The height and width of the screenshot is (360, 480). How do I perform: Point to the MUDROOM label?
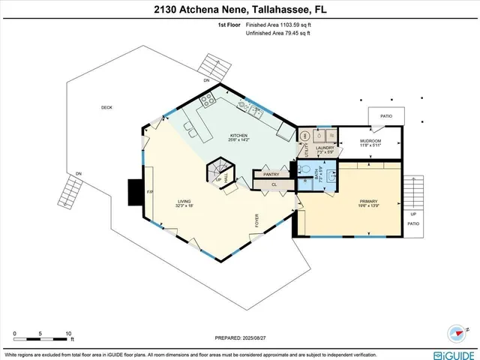click(x=370, y=141)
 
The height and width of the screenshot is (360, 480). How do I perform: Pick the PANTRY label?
click(x=271, y=174)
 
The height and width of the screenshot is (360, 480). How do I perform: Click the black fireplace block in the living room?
click(x=135, y=192)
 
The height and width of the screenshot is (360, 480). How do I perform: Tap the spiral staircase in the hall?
click(x=218, y=169)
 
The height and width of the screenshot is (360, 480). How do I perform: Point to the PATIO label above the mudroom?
click(x=386, y=116)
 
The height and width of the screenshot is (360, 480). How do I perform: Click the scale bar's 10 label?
click(x=68, y=333)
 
